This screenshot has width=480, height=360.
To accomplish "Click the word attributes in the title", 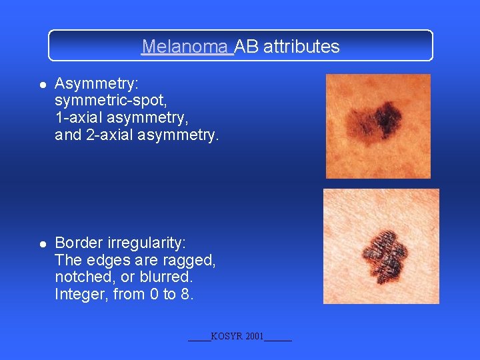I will coord(301,47).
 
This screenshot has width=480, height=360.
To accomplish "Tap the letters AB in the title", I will coord(247,47).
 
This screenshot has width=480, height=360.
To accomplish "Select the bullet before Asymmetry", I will coord(42,85).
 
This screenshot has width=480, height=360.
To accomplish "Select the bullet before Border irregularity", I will coord(42,243).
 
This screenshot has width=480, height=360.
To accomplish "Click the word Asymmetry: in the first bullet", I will coord(97,84).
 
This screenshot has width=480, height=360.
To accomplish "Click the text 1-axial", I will coord(79,119).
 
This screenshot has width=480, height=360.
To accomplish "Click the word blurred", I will coord(167,277).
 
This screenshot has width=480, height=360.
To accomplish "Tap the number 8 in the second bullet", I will coord(187,294).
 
